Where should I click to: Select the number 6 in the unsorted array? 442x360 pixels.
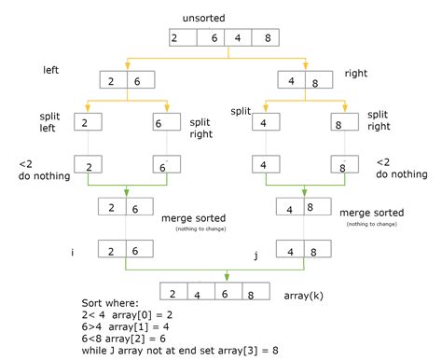tap(214, 38)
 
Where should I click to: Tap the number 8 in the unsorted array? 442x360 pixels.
tap(269, 38)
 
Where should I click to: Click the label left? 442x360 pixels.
tap(52, 70)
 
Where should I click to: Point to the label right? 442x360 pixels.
tap(357, 72)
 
